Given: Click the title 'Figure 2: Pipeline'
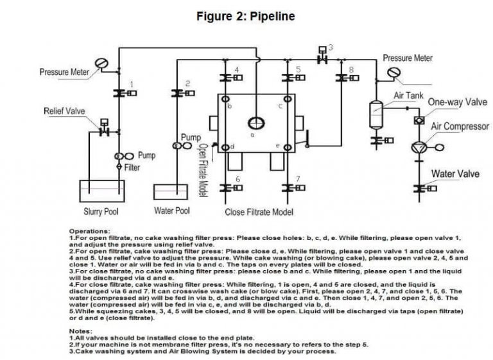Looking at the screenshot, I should [246, 16].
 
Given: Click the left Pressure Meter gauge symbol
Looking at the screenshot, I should [101, 64].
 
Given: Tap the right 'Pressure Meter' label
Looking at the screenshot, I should [408, 58].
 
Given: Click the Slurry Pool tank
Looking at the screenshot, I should [101, 193].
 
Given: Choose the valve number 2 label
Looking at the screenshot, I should [187, 83].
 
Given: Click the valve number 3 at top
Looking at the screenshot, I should [330, 47].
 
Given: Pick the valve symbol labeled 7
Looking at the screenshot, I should [286, 187].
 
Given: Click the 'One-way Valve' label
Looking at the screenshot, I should [457, 102].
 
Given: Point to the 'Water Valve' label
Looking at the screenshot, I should [454, 174].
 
